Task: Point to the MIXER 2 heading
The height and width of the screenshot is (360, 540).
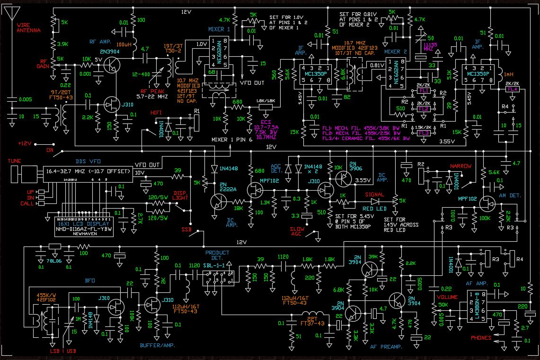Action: coord(395,51)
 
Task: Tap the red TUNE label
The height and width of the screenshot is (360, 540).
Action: coord(14,161)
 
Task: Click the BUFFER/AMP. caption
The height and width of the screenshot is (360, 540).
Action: coord(158,345)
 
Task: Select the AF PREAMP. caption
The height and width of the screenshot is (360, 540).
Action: coord(386,347)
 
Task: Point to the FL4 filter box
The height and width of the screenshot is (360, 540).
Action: coord(512,89)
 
